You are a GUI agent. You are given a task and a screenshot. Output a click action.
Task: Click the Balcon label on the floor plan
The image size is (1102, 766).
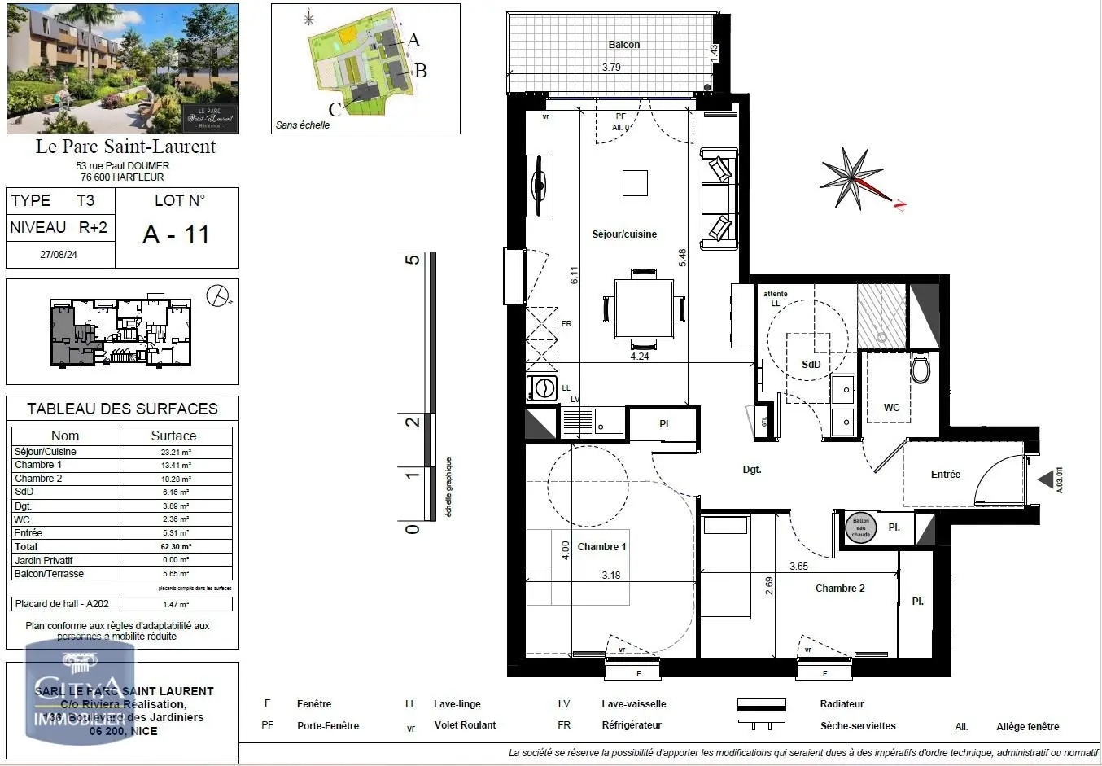[623, 45]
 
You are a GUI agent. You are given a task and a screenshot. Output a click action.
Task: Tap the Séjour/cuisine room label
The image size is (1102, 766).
[624, 234]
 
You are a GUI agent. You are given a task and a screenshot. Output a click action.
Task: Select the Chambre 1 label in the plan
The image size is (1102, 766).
[601, 547]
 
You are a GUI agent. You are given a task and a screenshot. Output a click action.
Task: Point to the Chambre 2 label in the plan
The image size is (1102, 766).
[840, 589]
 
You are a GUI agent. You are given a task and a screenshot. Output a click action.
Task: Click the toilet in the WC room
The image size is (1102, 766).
[921, 369]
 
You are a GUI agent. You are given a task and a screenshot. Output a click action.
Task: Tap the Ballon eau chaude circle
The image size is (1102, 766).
[860, 527]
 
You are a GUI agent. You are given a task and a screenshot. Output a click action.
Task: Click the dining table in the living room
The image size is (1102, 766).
[643, 309]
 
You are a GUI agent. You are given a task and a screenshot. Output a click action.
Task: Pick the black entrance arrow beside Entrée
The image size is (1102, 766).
[1046, 480]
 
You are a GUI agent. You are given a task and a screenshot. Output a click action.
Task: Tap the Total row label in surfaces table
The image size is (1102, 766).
[26, 547]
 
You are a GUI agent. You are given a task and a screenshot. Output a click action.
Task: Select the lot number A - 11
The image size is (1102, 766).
[177, 234]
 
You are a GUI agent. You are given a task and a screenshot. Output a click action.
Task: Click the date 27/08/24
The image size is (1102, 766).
[59, 255]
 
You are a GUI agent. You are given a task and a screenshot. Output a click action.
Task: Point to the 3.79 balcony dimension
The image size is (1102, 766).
[611, 68]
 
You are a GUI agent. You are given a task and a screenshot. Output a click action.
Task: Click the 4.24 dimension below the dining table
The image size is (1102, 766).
[640, 356]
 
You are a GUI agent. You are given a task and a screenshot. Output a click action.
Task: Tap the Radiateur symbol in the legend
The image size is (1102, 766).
[761, 704]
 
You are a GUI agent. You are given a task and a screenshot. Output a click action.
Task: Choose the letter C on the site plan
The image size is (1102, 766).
[335, 109]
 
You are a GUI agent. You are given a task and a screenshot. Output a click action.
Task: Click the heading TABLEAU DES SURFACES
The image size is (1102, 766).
[122, 409]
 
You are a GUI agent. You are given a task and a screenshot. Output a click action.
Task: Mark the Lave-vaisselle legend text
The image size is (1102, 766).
[633, 704]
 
